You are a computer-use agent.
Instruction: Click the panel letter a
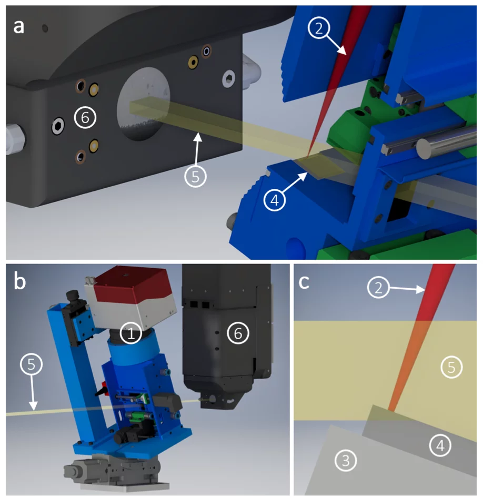click(18, 27)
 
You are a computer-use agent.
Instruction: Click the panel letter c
click(304, 282)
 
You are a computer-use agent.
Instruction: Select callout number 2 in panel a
click(319, 28)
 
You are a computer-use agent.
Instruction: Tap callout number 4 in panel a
click(275, 200)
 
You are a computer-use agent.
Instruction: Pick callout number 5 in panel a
click(195, 176)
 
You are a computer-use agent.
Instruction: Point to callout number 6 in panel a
click(85, 117)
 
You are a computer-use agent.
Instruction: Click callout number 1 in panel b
click(131, 333)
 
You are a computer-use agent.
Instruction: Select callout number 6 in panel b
click(238, 333)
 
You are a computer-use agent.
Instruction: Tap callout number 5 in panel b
click(31, 364)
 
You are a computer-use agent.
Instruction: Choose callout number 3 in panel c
click(346, 461)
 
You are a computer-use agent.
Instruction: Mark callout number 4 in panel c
click(440, 445)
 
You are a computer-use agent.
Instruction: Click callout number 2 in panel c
click(378, 288)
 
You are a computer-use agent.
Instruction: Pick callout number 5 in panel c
click(451, 368)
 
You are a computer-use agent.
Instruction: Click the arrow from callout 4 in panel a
click(294, 182)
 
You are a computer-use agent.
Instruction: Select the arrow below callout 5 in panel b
click(33, 392)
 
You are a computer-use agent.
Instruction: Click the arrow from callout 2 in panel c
click(407, 289)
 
